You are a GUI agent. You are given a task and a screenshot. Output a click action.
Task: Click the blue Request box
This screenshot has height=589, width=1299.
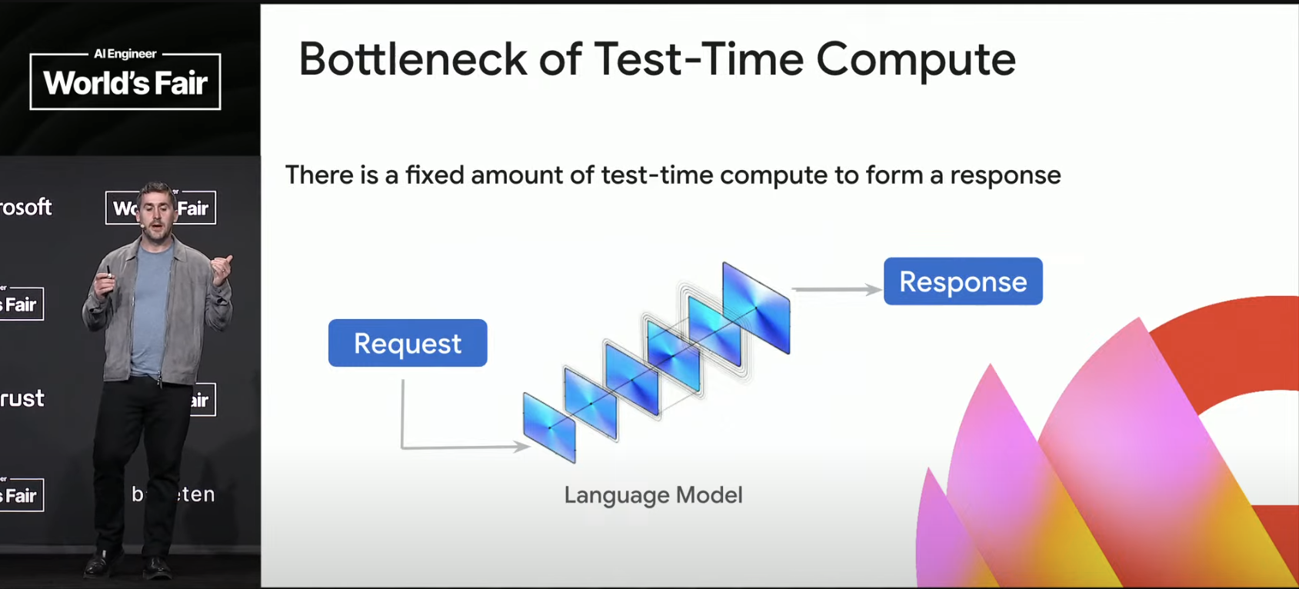coord(408,343)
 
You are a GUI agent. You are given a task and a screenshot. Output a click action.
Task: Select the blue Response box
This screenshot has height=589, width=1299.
coord(963,281)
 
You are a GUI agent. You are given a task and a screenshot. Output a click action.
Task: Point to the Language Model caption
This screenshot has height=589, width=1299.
coord(653,494)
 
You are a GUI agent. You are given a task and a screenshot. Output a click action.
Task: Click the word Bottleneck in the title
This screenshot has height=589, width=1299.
coord(412,59)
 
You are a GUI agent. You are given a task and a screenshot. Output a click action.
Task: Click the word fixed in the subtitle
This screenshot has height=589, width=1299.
coord(435,175)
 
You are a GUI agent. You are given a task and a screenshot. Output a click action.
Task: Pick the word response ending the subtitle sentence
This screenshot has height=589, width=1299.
coord(1005,175)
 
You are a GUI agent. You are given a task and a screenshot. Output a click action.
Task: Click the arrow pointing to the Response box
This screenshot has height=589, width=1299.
coord(837,289)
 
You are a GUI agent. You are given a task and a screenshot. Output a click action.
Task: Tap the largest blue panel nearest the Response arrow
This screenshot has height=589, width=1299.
coord(756,308)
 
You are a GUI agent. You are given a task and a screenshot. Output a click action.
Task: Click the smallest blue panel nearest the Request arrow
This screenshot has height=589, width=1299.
coord(549,428)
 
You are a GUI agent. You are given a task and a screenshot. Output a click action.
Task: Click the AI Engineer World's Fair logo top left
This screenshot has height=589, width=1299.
coord(125,80)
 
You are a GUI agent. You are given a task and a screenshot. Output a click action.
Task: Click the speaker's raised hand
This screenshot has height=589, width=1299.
coord(222,269)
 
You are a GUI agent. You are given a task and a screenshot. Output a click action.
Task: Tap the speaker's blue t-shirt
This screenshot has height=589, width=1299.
coord(151,308)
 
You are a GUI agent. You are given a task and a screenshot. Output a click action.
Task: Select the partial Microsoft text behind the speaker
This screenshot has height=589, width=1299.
coord(26,207)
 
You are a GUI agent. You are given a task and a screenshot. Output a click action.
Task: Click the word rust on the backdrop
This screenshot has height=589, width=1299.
coord(22,398)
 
